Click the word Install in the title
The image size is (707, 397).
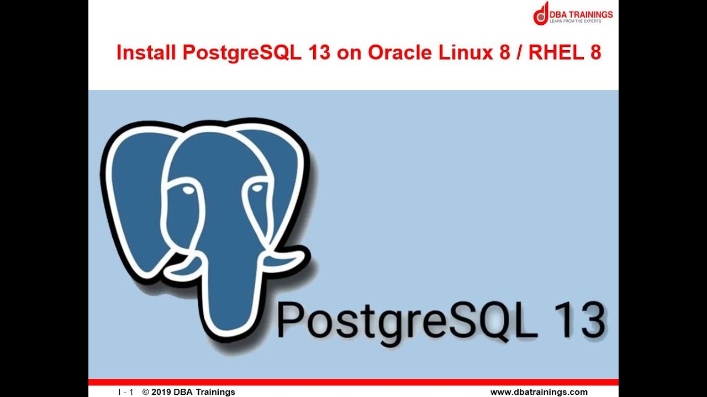145,52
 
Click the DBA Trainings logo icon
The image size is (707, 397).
541,13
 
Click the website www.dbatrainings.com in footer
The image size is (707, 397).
539,392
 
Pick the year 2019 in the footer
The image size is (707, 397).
161,392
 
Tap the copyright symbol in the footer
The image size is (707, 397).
146,392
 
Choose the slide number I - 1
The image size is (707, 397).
125,392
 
